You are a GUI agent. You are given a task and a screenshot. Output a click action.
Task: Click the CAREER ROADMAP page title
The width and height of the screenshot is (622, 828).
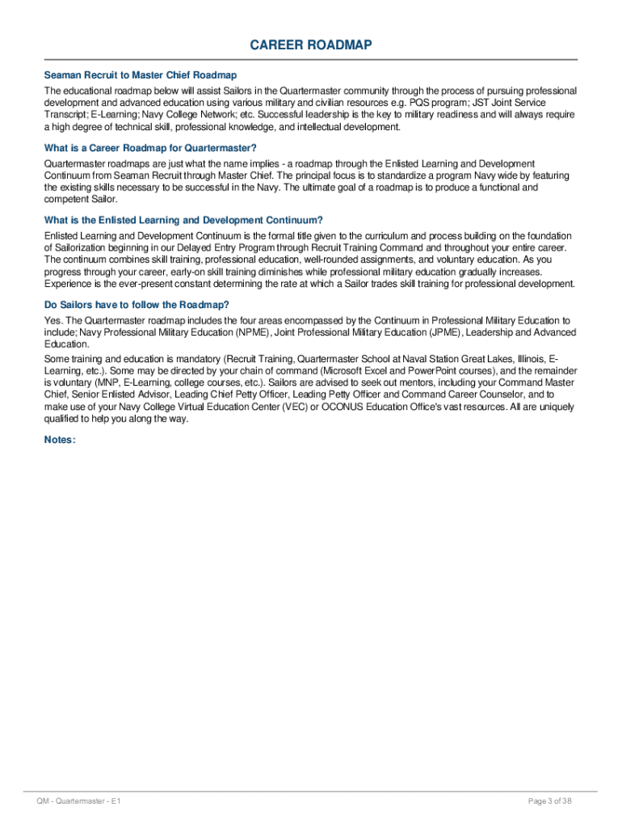tap(311, 45)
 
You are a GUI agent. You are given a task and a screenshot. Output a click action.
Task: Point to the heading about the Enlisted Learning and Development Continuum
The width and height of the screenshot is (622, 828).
tap(184, 220)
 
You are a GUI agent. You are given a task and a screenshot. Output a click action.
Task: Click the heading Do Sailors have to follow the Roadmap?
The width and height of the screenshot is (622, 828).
tap(137, 305)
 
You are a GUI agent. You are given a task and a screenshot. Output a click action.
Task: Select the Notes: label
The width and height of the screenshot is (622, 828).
tap(61, 440)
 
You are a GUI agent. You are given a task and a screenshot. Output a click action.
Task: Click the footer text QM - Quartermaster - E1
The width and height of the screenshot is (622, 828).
tap(79, 801)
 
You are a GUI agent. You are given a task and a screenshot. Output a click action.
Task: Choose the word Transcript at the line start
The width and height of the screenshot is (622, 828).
tap(65, 115)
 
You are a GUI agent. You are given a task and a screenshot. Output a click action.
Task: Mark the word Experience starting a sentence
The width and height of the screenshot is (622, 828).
tap(68, 284)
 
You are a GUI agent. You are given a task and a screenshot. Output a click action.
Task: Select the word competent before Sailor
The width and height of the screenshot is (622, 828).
tap(67, 199)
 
